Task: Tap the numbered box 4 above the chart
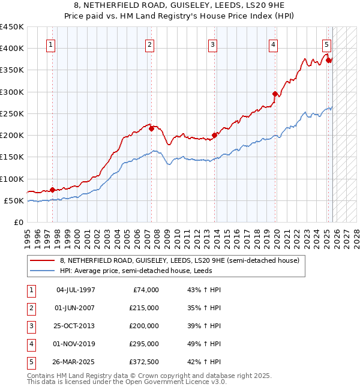[273, 44]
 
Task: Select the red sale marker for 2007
[152, 128]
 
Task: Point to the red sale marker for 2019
[275, 94]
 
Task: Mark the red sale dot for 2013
[214, 135]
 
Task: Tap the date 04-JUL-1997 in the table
[76, 290]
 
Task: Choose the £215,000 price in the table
[144, 308]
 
